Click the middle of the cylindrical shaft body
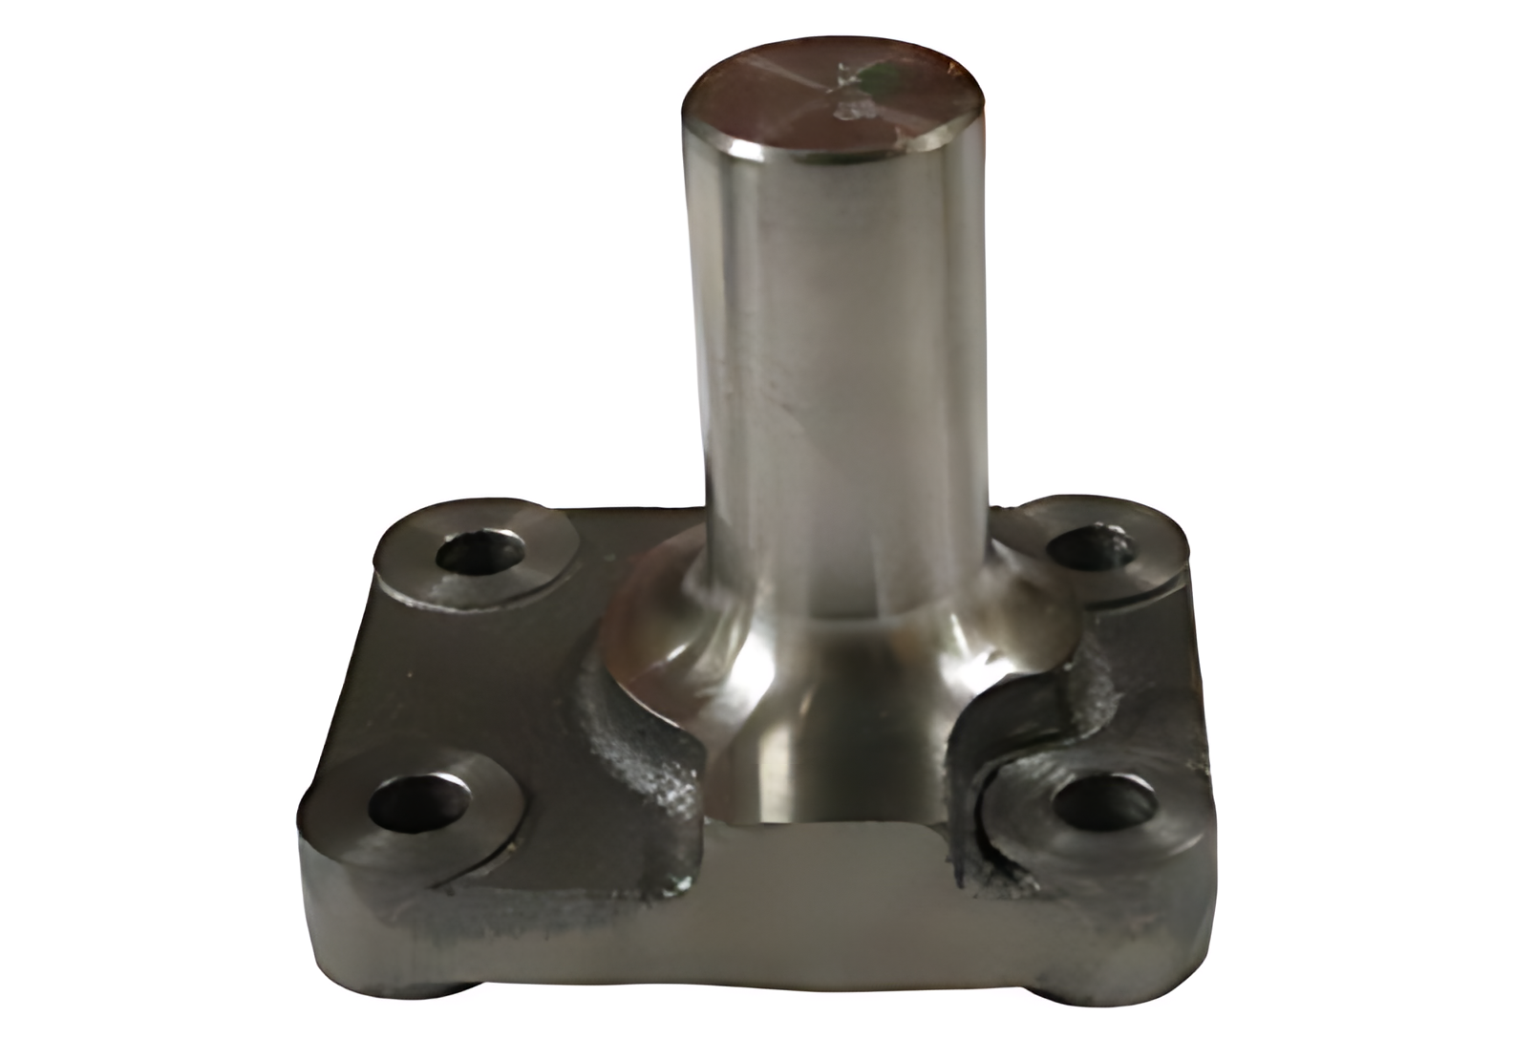coord(831,382)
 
